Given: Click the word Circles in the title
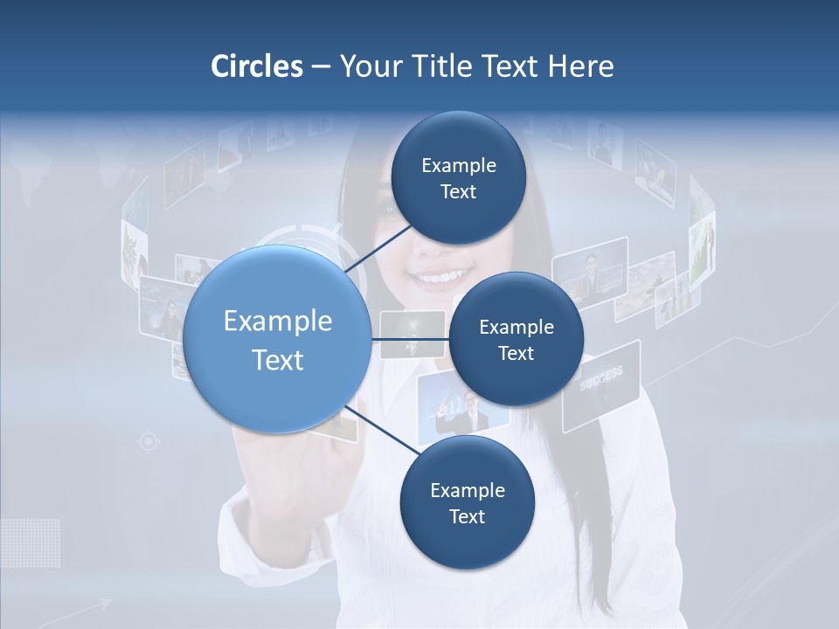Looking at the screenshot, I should (256, 66).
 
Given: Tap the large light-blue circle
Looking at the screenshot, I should (278, 339).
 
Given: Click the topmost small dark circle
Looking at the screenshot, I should (457, 177).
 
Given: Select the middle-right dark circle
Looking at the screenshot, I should (516, 339).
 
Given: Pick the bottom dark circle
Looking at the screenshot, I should (467, 502).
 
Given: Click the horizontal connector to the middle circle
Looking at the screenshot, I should (411, 339).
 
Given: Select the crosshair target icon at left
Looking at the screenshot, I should (149, 442).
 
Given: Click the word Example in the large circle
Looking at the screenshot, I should (278, 321).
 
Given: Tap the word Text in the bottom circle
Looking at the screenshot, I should (467, 516).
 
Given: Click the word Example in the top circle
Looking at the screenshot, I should (458, 165).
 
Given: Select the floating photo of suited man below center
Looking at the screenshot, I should (463, 408).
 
